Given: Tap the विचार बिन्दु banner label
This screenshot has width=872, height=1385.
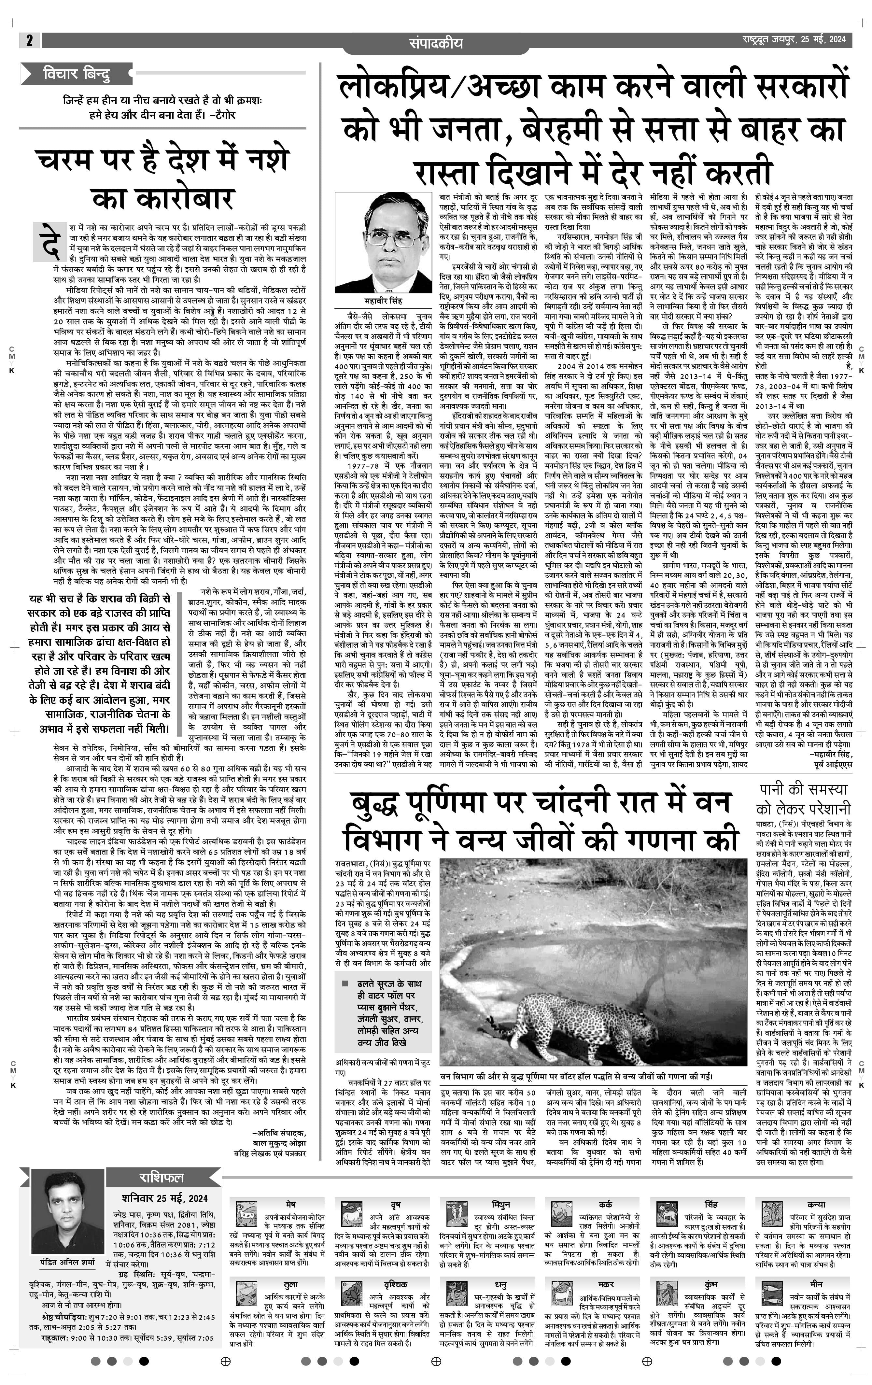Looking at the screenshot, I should click(x=77, y=74).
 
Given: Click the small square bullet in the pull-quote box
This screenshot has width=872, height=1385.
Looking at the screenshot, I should click(x=345, y=983).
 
